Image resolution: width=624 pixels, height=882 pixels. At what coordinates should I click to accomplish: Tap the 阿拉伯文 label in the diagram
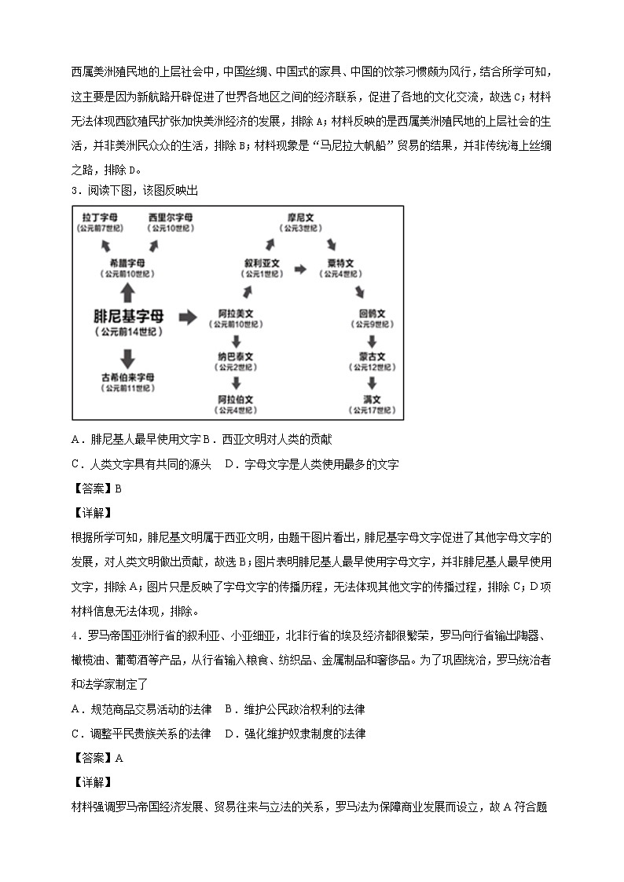(236, 399)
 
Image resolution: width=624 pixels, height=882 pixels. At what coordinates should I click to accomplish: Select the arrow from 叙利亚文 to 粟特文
(300, 269)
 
